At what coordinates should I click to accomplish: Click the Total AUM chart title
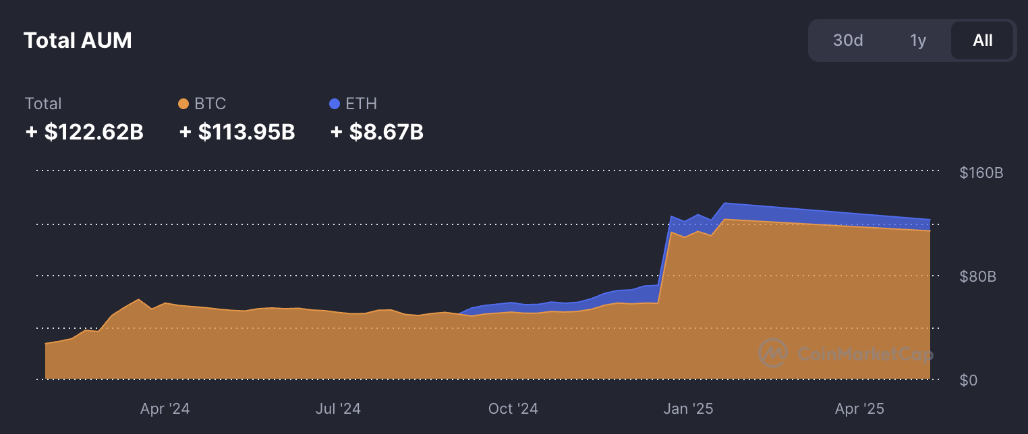click(x=78, y=40)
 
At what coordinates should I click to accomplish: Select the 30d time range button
click(x=848, y=40)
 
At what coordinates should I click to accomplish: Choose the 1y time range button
click(x=918, y=40)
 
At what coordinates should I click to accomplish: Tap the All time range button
click(x=983, y=40)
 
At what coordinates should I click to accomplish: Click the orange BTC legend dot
click(x=183, y=104)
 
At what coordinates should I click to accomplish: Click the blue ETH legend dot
click(x=335, y=104)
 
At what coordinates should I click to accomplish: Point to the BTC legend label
click(x=210, y=104)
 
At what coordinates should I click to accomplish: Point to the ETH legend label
click(x=361, y=104)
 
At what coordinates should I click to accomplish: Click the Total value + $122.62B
click(x=84, y=132)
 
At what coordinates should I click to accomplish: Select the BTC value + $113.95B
click(x=237, y=132)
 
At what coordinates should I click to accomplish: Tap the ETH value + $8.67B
click(x=377, y=132)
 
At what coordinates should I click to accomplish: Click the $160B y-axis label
click(x=981, y=173)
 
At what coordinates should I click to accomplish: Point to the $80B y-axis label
click(x=977, y=277)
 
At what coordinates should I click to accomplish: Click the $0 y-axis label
click(x=969, y=380)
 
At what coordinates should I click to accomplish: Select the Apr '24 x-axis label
click(x=165, y=408)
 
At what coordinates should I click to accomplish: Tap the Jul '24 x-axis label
click(x=338, y=408)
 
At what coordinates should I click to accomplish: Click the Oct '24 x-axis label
click(x=513, y=408)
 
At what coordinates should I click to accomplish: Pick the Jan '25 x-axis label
click(x=689, y=408)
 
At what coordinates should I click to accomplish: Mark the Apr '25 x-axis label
click(x=859, y=408)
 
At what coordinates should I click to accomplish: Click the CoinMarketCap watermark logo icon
click(x=773, y=353)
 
